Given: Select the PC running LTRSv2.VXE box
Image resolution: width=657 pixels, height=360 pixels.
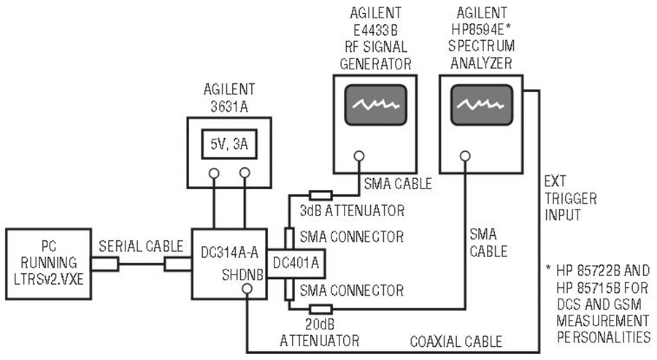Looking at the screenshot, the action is [x=49, y=264].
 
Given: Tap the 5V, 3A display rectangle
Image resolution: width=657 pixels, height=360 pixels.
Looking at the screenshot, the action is [x=229, y=144].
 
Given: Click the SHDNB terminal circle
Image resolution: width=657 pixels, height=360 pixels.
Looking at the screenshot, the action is [x=247, y=288].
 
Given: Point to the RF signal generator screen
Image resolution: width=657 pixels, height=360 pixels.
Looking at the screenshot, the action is [x=375, y=104].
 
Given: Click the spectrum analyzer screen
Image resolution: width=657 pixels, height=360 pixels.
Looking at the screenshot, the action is [x=482, y=104].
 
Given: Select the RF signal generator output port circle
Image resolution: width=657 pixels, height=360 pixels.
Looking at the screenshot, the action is [x=358, y=156].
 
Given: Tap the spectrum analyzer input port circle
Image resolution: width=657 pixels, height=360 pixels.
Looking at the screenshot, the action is [x=465, y=156].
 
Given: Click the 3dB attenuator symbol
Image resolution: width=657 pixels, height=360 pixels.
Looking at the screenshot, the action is [x=320, y=195].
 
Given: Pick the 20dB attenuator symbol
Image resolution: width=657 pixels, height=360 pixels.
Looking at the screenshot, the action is [x=320, y=310].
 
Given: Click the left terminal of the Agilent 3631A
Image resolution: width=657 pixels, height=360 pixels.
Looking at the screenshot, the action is [x=214, y=173].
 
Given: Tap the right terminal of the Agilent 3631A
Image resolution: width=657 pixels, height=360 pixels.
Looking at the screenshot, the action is [x=245, y=173].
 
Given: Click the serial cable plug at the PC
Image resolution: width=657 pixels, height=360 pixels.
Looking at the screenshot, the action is [x=104, y=264].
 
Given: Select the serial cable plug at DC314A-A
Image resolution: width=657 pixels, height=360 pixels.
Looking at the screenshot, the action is [x=177, y=264].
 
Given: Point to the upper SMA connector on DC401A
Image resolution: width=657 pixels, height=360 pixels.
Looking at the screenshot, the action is [x=288, y=239].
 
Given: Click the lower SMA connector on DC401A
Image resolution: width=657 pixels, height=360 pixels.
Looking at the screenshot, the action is [x=288, y=289].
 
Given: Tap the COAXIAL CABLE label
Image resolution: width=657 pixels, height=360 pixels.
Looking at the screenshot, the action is [x=456, y=342].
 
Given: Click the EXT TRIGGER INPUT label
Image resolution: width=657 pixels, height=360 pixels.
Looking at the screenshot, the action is [x=570, y=198].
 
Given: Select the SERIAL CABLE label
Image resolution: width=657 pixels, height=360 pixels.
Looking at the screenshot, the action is [x=141, y=246].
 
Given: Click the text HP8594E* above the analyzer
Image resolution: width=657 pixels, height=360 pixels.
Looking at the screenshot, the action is [x=481, y=29].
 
